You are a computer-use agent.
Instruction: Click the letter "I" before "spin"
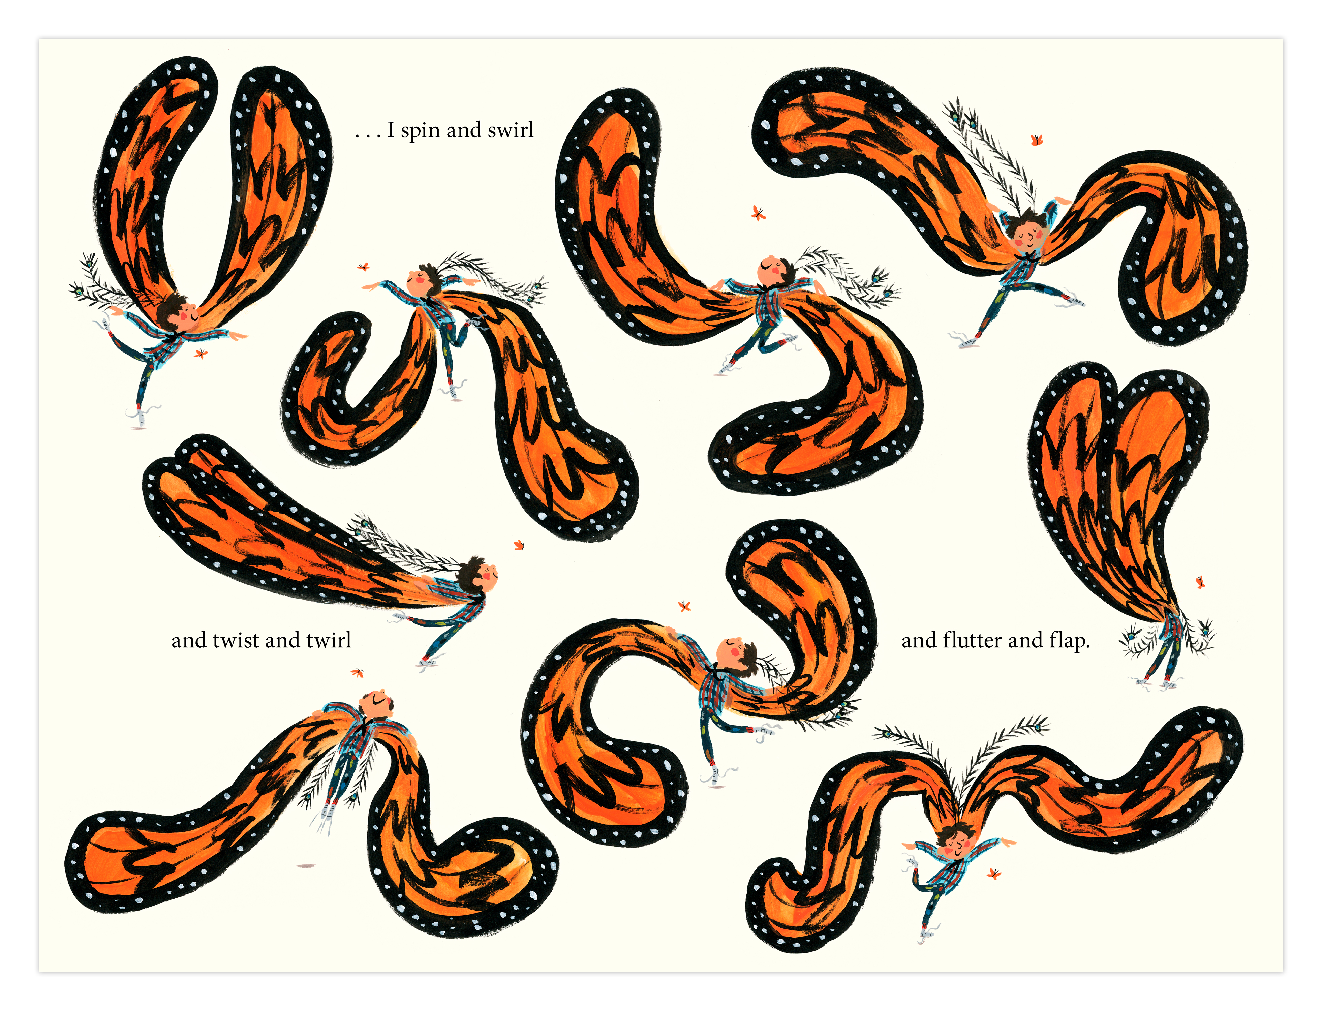[x=391, y=130]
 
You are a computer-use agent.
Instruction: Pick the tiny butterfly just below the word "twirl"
[x=358, y=673]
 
